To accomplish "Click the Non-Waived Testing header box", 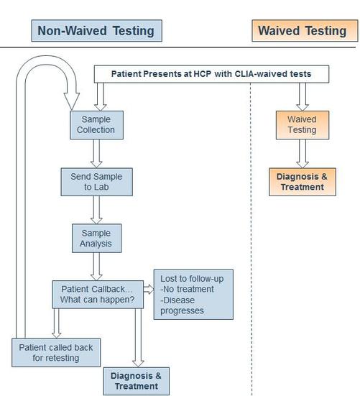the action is (x=97, y=31).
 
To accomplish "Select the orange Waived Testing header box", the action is (x=305, y=31).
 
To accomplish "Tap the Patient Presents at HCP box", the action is (x=211, y=74).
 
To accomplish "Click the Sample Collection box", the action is (x=97, y=125).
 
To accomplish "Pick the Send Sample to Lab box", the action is (x=97, y=182).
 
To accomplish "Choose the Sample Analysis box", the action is (x=97, y=238).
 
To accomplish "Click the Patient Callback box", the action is (x=98, y=294).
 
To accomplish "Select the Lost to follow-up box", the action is (x=193, y=295).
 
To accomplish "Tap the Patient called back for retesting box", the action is (x=56, y=353).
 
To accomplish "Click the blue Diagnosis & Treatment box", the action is (x=137, y=381).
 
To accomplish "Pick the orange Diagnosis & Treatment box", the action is (x=303, y=182).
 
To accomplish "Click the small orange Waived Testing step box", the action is (x=303, y=125).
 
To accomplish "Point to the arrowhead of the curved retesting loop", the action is (x=72, y=109).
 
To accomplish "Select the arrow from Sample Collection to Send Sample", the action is (x=96, y=154).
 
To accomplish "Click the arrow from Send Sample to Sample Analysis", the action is (x=96, y=210).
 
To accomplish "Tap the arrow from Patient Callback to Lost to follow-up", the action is (x=149, y=289).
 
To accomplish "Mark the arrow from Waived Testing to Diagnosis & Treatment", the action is (x=303, y=154).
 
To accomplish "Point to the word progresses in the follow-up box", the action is (x=182, y=310).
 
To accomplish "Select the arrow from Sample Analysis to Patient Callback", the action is (x=96, y=267).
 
